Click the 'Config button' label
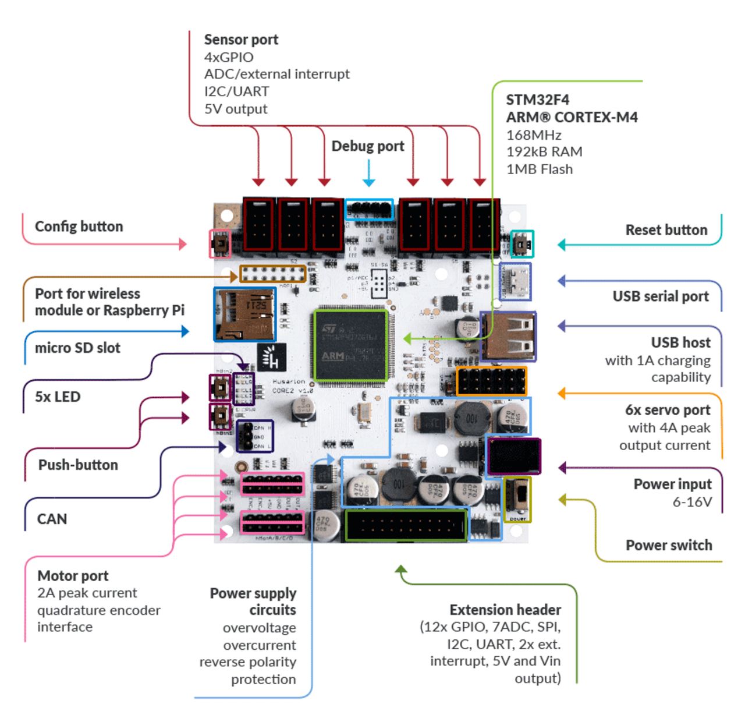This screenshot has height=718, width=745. click(x=79, y=227)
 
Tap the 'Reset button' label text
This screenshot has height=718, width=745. click(x=666, y=230)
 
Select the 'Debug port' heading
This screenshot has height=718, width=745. click(x=368, y=146)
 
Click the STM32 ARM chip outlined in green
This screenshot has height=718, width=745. click(x=351, y=345)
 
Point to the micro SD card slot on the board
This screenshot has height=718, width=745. click(x=244, y=314)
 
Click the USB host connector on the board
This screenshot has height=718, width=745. click(x=508, y=337)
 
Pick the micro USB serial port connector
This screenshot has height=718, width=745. click(x=515, y=281)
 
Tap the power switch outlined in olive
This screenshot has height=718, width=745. click(x=517, y=499)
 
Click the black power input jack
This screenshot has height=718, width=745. click(x=513, y=456)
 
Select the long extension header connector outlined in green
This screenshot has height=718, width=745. click(x=406, y=525)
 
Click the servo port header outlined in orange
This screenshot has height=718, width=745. click(x=491, y=381)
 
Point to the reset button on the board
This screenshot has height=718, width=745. click(x=522, y=244)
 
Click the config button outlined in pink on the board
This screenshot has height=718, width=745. click(x=220, y=243)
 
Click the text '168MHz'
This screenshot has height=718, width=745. click(x=534, y=135)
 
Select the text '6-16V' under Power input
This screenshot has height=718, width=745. click(x=692, y=502)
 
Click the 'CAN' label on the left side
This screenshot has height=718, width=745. click(x=52, y=519)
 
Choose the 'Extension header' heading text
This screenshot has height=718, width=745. click(x=505, y=610)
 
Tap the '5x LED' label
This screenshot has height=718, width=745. click(x=58, y=397)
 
